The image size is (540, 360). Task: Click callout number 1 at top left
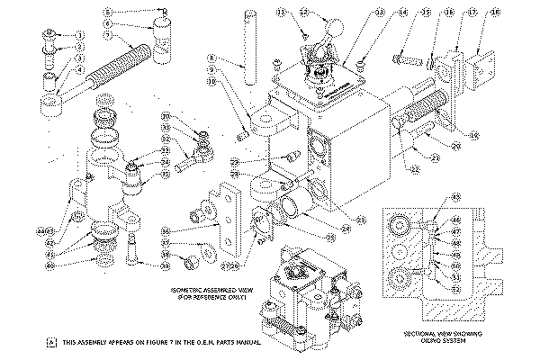[79, 34]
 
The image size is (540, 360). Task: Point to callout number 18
[494, 12]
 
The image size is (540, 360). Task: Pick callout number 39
[165, 266]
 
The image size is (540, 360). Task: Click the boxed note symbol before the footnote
[50, 342]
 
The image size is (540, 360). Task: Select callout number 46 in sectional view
[430, 219]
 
